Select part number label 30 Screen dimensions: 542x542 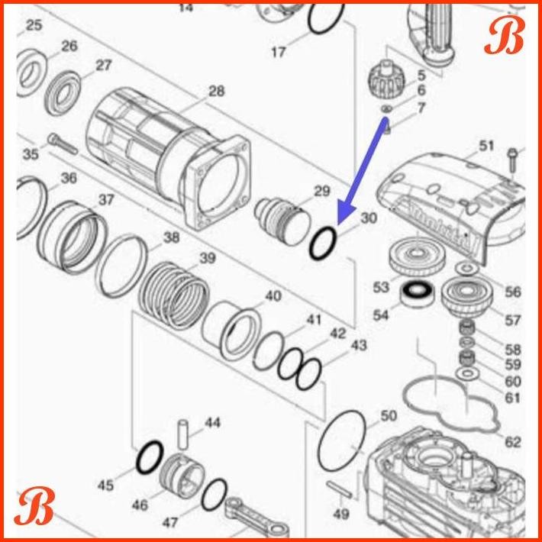369,218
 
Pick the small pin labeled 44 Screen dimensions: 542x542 183,434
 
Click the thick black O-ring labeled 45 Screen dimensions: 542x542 148,459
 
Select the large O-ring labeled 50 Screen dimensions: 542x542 344,444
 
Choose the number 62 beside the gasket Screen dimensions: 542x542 513,442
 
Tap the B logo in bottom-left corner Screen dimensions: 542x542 35,508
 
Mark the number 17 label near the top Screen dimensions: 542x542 279,53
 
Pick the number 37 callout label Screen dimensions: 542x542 105,200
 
